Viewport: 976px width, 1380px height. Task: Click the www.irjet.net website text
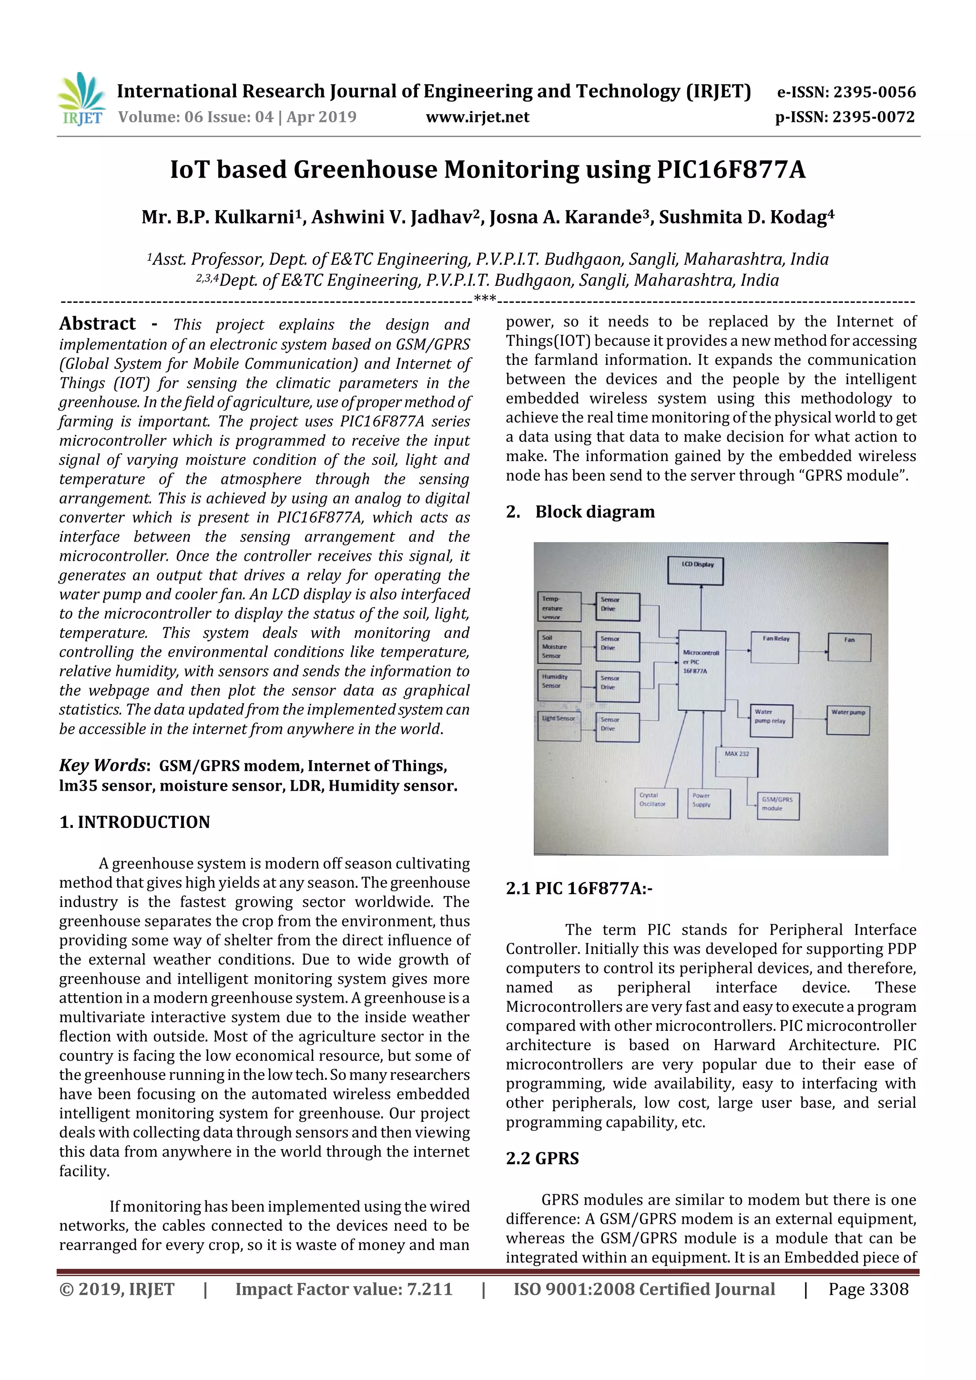tap(478, 117)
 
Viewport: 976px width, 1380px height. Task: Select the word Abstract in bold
tap(97, 323)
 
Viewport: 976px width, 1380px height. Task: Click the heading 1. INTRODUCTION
tap(135, 822)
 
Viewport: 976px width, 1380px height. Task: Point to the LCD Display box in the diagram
tap(695, 570)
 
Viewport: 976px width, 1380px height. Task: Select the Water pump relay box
tap(771, 720)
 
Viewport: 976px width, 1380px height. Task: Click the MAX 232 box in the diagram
tap(737, 762)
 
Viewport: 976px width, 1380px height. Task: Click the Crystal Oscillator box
tap(656, 802)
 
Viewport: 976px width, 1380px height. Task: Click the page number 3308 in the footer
tap(868, 1289)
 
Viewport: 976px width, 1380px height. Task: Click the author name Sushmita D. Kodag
tap(746, 217)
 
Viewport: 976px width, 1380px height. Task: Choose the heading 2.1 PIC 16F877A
tap(579, 888)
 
